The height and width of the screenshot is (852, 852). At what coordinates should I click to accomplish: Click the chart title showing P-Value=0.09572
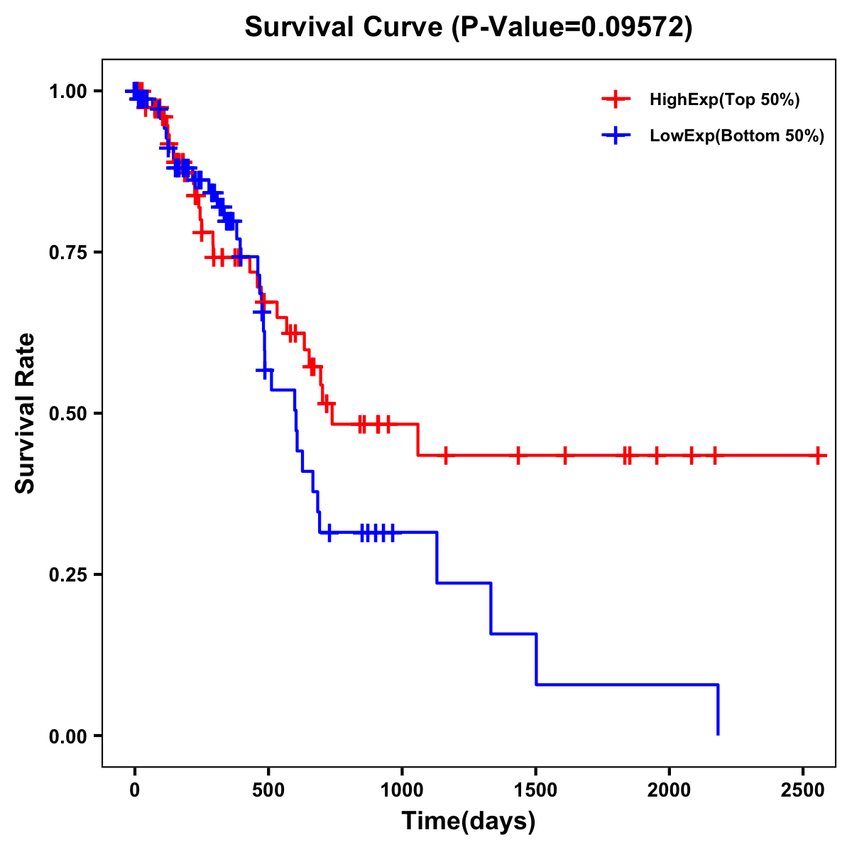point(468,27)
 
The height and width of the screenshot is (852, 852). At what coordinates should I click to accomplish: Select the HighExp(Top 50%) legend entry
point(724,100)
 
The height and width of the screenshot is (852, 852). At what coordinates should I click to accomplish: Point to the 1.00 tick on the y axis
point(67,92)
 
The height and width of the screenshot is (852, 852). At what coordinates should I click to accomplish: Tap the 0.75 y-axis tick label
point(67,253)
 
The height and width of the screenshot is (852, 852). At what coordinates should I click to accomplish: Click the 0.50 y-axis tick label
point(67,414)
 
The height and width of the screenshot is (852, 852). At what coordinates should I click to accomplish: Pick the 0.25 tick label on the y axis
point(67,575)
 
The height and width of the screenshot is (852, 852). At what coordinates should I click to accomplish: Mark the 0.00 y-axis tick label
point(67,736)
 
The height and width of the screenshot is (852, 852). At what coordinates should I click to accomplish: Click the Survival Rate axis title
point(26,413)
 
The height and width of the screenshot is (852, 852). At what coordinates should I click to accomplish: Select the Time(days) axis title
point(469,821)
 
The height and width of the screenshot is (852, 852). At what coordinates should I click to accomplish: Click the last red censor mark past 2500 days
point(819,455)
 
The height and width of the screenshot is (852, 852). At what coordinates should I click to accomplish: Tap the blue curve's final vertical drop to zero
point(718,710)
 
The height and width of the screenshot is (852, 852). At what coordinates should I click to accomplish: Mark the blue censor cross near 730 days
point(329,532)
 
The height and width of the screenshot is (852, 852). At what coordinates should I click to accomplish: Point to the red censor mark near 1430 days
point(518,455)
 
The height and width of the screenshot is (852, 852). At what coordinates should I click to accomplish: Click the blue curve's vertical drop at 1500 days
point(536,659)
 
